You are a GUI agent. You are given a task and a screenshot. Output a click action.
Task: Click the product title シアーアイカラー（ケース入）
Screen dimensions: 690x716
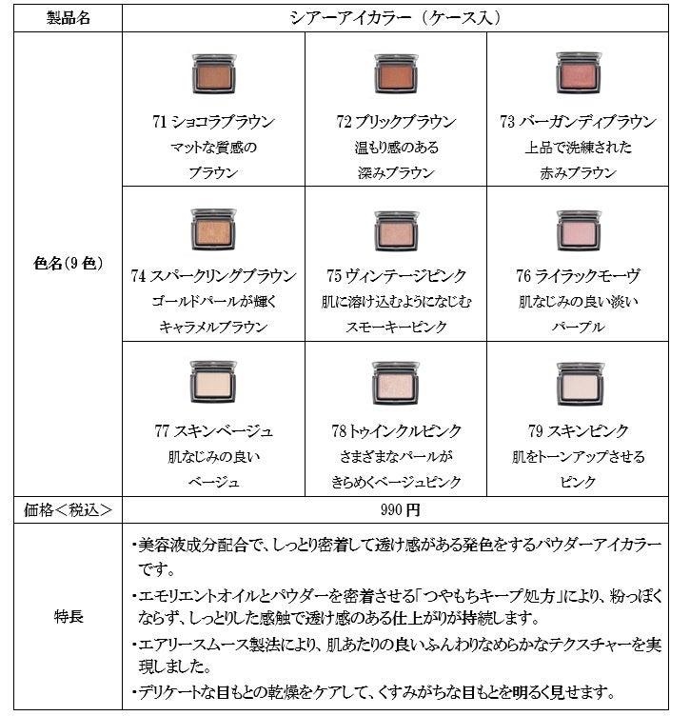tap(396, 17)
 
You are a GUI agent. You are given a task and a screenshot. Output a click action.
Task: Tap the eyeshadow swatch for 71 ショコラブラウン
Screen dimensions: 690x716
tap(213, 73)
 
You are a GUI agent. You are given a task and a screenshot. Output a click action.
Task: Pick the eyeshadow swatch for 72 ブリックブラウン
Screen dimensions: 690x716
tap(396, 73)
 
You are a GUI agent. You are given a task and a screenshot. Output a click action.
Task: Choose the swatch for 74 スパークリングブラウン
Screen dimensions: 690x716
tap(213, 229)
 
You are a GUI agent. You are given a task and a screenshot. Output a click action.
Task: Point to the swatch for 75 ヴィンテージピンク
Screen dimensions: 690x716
tap(396, 229)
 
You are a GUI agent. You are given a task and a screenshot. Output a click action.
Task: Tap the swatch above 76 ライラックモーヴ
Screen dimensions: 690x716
tap(579, 229)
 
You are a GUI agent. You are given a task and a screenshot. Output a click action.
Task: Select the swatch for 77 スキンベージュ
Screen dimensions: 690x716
tap(213, 383)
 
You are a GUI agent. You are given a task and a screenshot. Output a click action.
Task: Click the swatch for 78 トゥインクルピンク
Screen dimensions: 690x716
tap(396, 383)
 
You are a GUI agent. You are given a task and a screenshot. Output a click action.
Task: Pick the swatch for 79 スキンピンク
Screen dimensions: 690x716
tap(579, 384)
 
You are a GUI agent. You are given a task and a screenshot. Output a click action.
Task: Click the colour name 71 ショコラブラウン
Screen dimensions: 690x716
tap(213, 122)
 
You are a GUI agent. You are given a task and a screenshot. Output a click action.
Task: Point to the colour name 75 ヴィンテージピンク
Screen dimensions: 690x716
tap(396, 276)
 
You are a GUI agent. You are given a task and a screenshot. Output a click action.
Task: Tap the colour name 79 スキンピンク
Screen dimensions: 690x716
tap(579, 430)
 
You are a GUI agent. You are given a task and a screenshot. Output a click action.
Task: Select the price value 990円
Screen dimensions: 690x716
tap(396, 509)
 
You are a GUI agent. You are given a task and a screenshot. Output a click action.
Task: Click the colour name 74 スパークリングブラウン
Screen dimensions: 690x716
tap(213, 276)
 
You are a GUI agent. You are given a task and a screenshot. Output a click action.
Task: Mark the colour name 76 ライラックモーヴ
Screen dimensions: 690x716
tap(579, 276)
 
